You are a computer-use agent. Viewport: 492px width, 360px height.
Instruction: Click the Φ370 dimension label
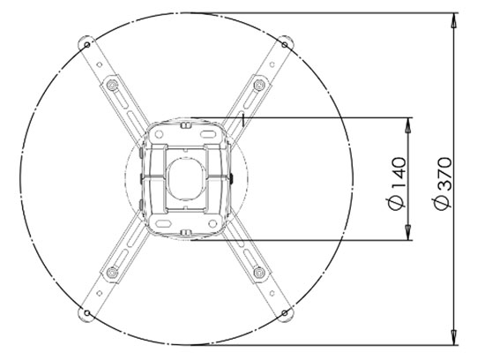(443, 183)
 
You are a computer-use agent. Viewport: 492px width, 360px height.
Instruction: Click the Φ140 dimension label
(397, 183)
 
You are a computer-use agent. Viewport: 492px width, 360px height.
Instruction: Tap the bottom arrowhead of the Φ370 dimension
(452, 338)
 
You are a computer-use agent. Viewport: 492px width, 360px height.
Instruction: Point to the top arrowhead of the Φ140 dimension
(407, 123)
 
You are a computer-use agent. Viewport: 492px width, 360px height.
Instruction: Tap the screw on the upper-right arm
(257, 85)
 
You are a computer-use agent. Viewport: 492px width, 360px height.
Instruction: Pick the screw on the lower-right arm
(257, 271)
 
